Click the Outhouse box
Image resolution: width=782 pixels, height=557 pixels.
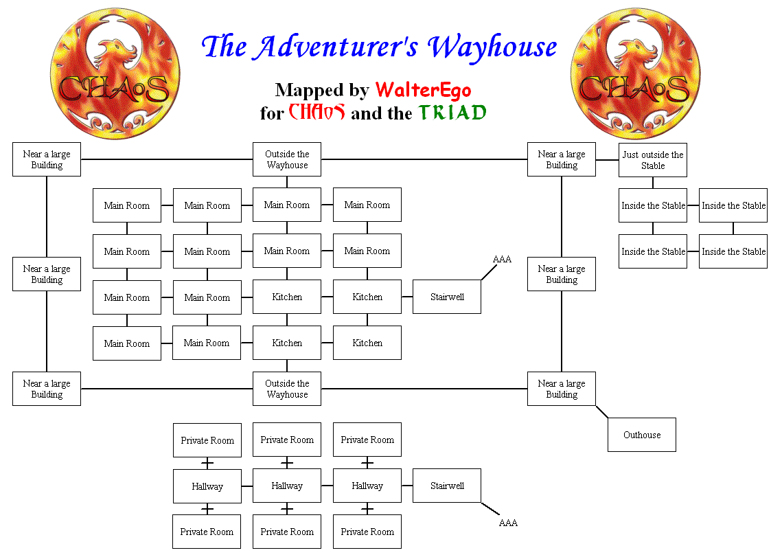pos(642,435)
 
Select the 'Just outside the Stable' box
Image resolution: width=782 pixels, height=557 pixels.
pos(653,160)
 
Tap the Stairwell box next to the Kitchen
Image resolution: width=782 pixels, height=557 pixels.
pos(447,297)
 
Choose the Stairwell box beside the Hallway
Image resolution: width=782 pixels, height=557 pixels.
pos(447,486)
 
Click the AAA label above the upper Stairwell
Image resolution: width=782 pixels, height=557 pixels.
pos(502,259)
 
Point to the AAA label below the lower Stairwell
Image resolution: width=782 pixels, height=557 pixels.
pos(508,523)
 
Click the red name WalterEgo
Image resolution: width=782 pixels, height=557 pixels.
pos(423,91)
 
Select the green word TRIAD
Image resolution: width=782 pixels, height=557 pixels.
pos(452,113)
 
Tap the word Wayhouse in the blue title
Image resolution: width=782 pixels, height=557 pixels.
pos(492,47)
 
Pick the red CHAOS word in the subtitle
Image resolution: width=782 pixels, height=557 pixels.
pos(317,113)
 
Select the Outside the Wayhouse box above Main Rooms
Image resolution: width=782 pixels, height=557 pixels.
pos(287,160)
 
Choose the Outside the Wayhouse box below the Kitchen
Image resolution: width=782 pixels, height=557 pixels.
pos(287,389)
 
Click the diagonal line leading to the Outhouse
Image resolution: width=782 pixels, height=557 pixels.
pos(602,412)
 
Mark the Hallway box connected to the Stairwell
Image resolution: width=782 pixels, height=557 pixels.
pos(367,486)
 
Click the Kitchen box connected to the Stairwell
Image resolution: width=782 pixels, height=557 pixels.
pos(367,297)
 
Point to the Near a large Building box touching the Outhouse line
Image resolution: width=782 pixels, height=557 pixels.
pos(562,389)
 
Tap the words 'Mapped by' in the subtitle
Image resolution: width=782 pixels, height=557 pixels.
pos(322,91)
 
